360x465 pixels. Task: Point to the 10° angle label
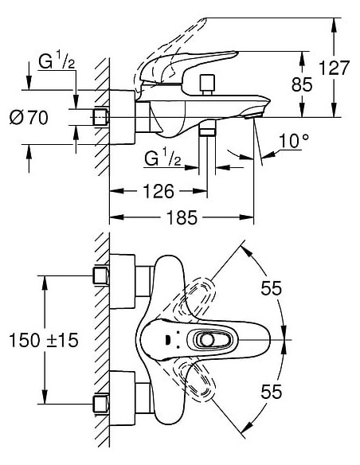[x=293, y=142]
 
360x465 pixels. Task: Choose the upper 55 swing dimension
[x=272, y=289]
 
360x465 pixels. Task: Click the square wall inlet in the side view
[x=100, y=117]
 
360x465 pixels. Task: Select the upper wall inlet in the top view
[x=100, y=277]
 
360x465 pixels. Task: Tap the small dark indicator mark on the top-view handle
[x=168, y=340]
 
